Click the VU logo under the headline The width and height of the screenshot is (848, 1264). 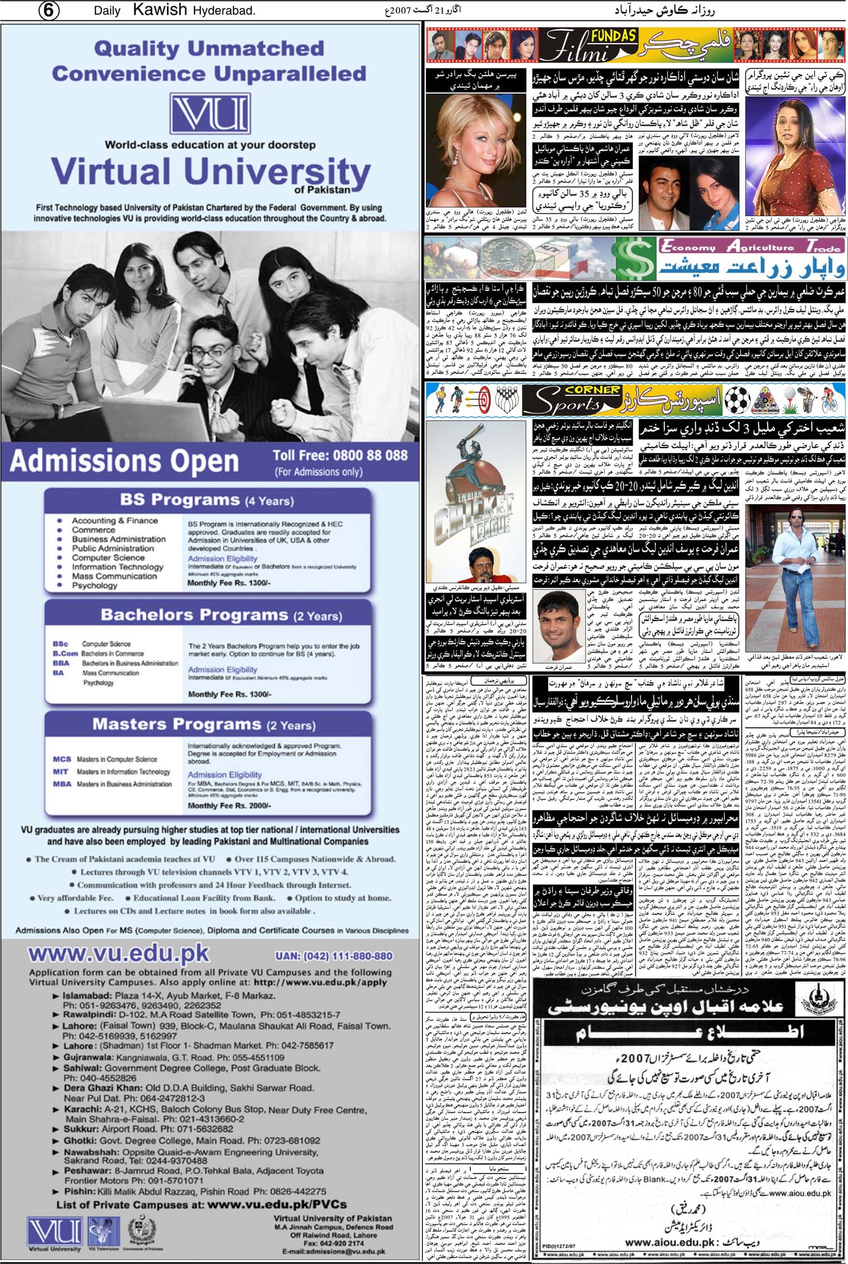[210, 115]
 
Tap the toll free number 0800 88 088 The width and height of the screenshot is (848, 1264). [340, 455]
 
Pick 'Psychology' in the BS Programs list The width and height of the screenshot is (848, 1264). [94, 586]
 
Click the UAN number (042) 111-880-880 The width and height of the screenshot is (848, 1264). [334, 956]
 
